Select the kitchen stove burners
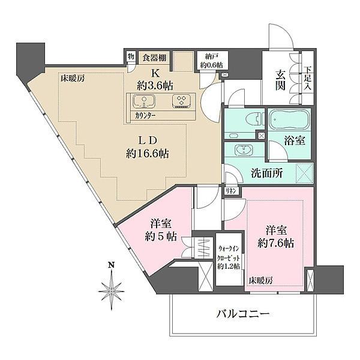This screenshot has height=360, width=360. (181, 101)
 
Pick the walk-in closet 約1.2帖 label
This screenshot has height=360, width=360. (229, 256)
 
